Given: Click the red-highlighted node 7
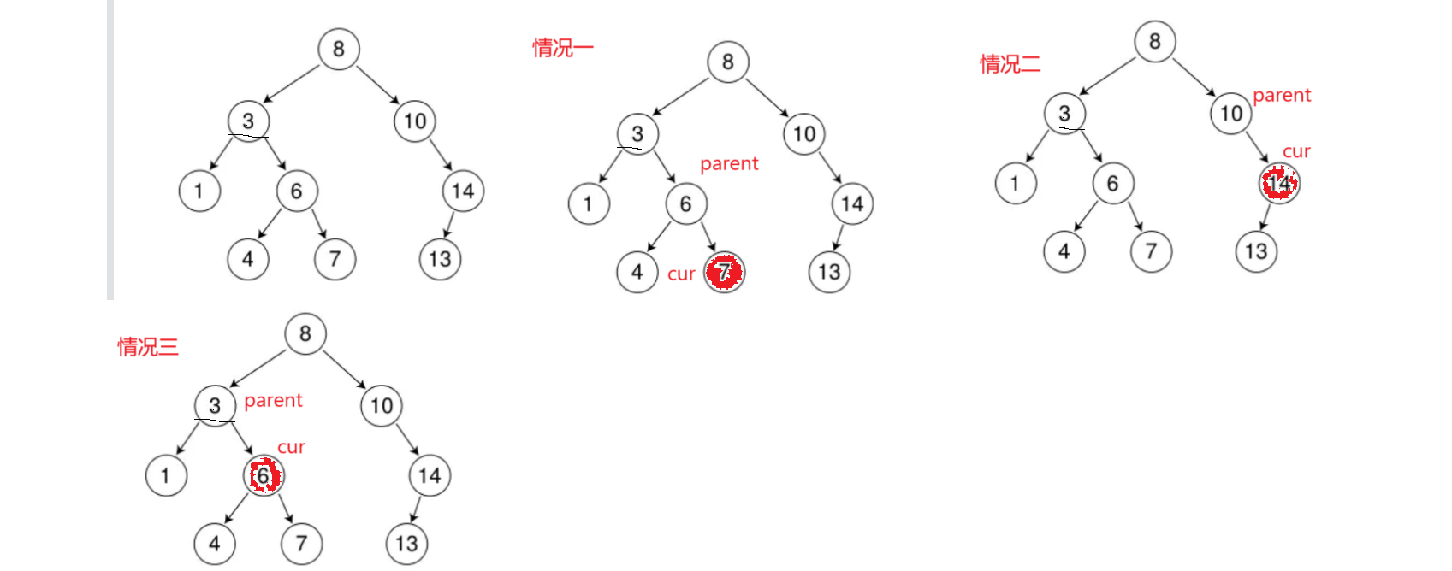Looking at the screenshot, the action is click(x=725, y=273).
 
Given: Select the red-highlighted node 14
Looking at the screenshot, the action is click(x=1279, y=183).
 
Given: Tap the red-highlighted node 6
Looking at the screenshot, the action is click(x=264, y=475).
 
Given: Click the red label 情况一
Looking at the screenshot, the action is click(x=562, y=48).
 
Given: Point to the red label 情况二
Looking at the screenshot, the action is click(x=1010, y=63).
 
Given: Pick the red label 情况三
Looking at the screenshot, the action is click(x=148, y=346).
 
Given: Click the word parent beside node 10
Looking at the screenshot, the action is click(x=1281, y=95).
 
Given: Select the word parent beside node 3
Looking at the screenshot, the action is click(x=273, y=400).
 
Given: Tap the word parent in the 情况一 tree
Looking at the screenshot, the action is click(x=729, y=163).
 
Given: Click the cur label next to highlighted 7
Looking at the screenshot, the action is click(x=681, y=274).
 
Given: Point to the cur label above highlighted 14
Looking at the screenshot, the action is click(x=1296, y=151).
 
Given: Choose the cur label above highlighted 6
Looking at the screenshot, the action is click(x=291, y=447).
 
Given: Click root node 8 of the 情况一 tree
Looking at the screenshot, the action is click(x=728, y=62).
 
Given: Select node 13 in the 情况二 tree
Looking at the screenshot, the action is click(x=1256, y=251).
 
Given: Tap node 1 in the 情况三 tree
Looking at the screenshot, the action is click(x=166, y=475).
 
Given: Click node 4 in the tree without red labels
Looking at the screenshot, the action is click(x=248, y=259).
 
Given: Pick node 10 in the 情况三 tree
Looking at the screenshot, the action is click(x=382, y=405).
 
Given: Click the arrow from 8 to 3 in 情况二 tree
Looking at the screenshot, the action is click(x=1107, y=75).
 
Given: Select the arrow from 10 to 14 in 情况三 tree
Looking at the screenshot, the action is click(x=406, y=439).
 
